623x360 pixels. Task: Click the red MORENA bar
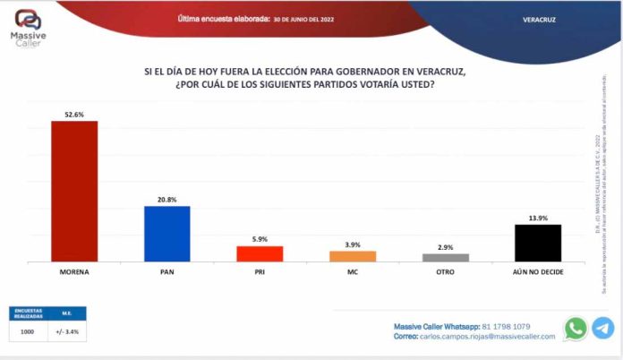coord(74,191)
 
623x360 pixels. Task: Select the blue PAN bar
coord(167,234)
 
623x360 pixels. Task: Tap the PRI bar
coord(260,253)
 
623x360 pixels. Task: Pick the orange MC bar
coord(353,256)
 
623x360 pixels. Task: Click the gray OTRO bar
coord(446,258)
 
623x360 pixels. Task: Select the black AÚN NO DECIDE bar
coord(538,243)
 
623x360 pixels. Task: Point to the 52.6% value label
coord(74,114)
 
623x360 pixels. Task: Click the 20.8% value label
coord(167,199)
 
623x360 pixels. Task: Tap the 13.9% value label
coord(538,218)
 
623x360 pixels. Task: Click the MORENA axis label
coord(74,270)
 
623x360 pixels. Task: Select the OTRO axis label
coord(446,270)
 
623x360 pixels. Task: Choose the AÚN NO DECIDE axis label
coord(538,270)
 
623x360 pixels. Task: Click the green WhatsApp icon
coord(576,329)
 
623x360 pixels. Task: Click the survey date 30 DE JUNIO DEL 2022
coord(304,18)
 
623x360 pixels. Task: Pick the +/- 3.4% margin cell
coord(67,330)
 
